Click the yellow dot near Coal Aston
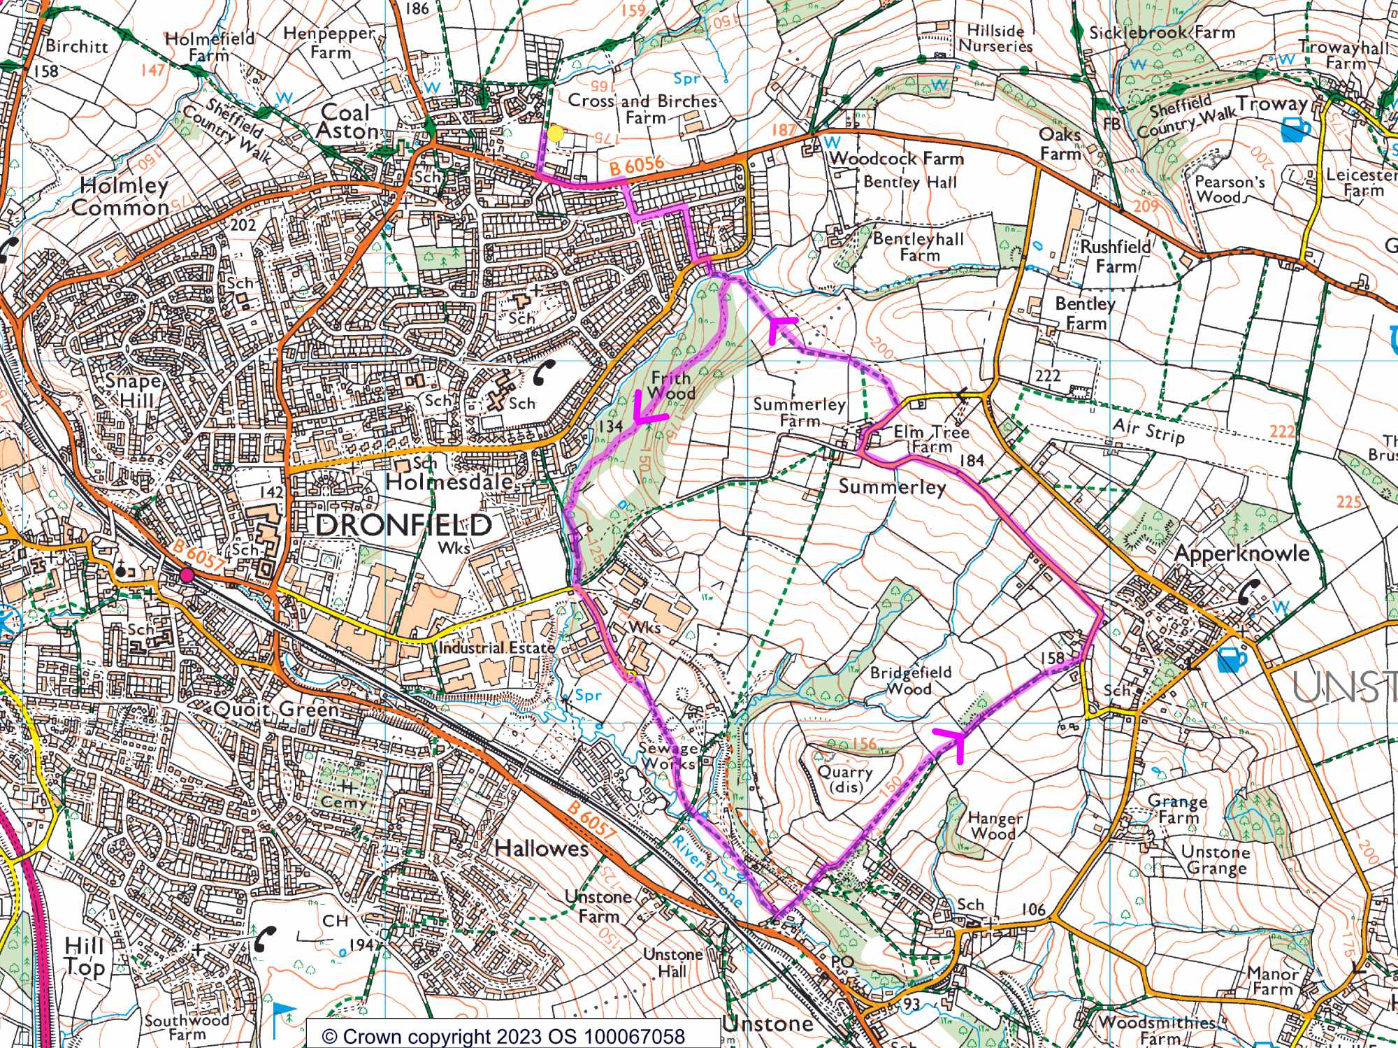pos(555,134)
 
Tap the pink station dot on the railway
pos(186,575)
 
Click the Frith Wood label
pos(671,386)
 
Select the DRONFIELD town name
pos(404,525)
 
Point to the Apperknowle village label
pos(1241,554)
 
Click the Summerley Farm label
pos(799,412)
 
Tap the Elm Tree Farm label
pos(931,440)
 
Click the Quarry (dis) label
pos(845,778)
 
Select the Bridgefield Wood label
pos(910,680)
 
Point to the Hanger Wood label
pos(995,826)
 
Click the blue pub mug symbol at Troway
pos(1296,129)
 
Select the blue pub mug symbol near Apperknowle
pos(1232,659)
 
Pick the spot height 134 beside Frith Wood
pos(610,426)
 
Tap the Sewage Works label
pos(667,756)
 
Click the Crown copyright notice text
pos(503,1035)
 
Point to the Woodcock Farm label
pos(896,159)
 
